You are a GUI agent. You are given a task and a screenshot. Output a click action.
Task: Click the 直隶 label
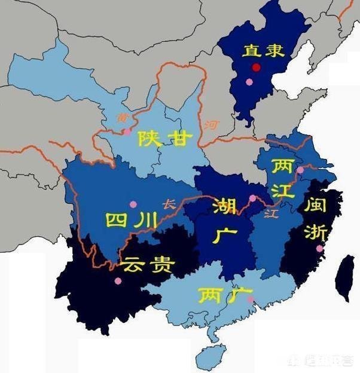click(258, 51)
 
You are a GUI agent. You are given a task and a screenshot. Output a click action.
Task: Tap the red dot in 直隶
click(257, 67)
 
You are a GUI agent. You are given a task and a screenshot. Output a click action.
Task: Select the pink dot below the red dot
click(249, 82)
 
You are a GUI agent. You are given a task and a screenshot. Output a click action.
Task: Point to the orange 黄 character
click(123, 118)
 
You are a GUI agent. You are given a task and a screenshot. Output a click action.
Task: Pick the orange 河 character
click(210, 126)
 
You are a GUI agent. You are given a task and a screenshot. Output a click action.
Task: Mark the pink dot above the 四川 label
click(133, 204)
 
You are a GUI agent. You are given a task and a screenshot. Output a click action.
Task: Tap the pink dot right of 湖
click(252, 198)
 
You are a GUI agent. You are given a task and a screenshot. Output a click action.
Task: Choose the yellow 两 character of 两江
click(282, 166)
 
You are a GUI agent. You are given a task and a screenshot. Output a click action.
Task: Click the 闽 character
click(316, 205)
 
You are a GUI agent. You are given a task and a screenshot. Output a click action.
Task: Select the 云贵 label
click(147, 263)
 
